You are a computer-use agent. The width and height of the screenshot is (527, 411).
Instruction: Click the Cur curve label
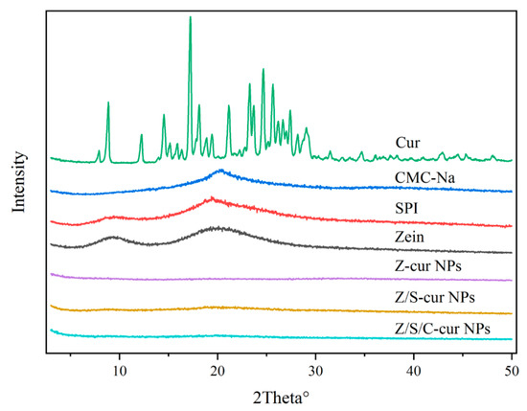pyautogui.click(x=406, y=143)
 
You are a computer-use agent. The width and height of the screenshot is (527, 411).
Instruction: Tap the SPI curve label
pyautogui.click(x=407, y=207)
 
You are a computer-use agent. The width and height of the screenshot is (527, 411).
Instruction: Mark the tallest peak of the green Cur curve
pyautogui.click(x=190, y=17)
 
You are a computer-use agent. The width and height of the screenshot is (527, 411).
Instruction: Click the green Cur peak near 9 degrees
pyautogui.click(x=107, y=103)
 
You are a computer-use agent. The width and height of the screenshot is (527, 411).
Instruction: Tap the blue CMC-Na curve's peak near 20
pyautogui.click(x=219, y=171)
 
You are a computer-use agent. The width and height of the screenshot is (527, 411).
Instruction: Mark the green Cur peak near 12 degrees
pyautogui.click(x=141, y=136)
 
